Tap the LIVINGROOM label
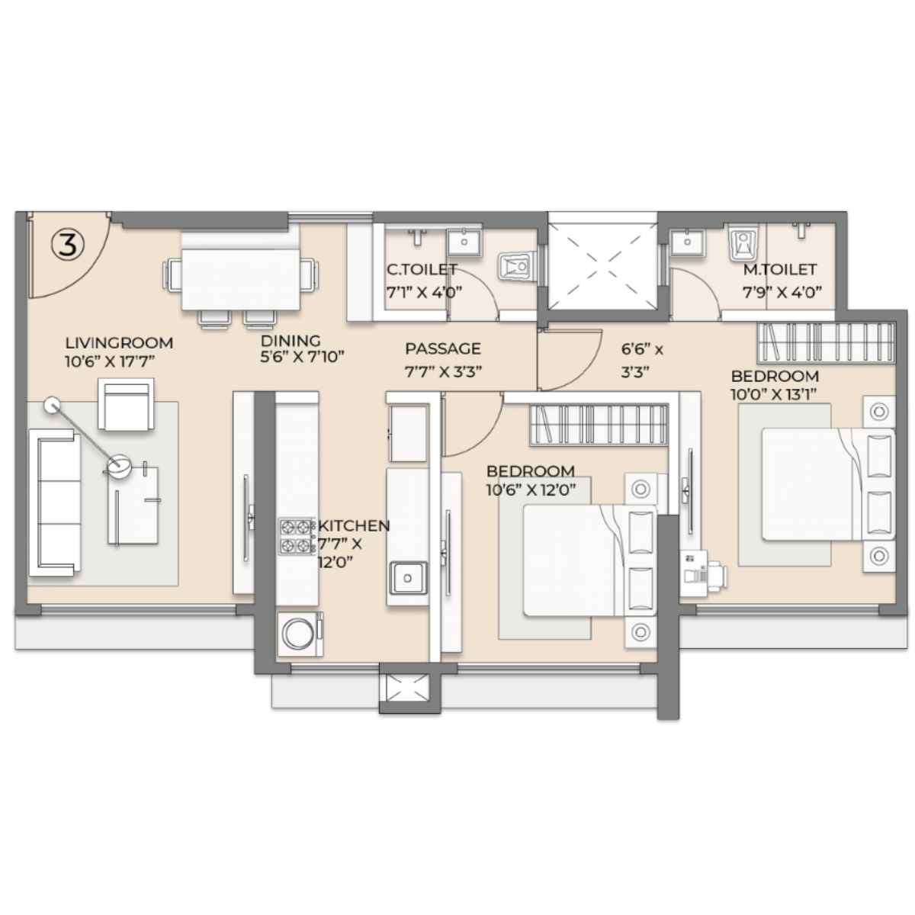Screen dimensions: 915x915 click(119, 343)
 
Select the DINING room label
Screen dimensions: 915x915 click(291, 340)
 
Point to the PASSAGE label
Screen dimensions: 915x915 click(443, 348)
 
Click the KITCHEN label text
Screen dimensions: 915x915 click(355, 525)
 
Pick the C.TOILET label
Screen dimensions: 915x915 click(422, 270)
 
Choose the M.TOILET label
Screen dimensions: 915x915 click(780, 270)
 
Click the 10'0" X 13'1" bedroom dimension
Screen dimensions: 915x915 click(773, 394)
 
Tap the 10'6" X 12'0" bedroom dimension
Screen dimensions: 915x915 click(531, 490)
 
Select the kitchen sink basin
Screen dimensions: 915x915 click(407, 577)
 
